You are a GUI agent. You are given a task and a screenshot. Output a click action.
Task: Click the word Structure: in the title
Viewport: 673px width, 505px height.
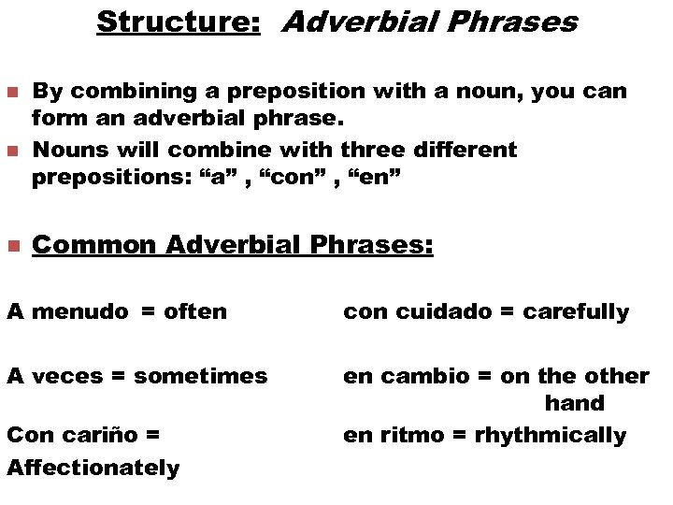click(179, 22)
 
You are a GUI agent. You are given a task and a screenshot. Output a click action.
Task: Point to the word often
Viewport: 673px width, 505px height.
click(195, 311)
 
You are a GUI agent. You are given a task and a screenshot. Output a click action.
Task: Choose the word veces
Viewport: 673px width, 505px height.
click(68, 376)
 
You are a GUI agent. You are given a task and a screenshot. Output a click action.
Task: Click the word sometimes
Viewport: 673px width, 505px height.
click(201, 376)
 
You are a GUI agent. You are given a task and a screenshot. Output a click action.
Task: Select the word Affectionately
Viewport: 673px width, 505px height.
click(93, 467)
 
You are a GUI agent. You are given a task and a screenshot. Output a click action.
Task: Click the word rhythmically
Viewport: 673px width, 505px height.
click(551, 435)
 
